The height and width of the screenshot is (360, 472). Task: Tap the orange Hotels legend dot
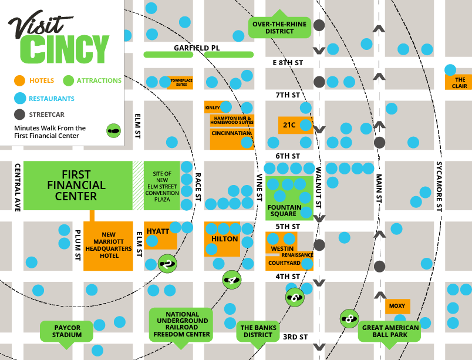click(20, 80)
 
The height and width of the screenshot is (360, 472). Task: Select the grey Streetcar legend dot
click(20, 115)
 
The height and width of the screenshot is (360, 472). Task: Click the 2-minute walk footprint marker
click(167, 264)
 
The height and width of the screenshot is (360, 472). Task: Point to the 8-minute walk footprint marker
click(349, 319)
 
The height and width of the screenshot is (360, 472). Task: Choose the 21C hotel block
click(289, 125)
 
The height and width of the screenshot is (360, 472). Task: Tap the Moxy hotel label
click(397, 306)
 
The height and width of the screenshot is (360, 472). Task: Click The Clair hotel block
click(460, 83)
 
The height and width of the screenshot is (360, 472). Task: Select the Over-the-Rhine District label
click(279, 27)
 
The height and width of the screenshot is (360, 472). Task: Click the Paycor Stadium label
click(66, 331)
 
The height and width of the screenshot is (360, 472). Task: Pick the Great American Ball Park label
click(390, 331)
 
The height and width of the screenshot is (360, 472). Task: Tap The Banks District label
click(258, 331)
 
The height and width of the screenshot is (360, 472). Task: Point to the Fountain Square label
click(285, 210)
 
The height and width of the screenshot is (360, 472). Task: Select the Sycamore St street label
click(439, 186)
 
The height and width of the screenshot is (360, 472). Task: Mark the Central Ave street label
click(17, 186)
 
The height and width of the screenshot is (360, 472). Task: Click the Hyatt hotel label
click(158, 231)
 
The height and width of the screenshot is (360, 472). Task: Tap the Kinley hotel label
click(213, 107)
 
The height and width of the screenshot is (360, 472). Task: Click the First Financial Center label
click(76, 185)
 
